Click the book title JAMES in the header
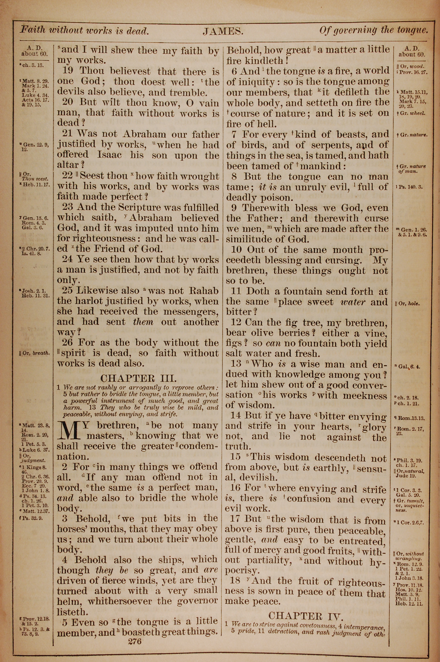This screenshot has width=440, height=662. click(x=223, y=31)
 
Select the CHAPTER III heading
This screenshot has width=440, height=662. click(x=139, y=378)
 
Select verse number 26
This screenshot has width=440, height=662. click(x=68, y=343)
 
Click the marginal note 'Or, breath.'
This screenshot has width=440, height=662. click(x=35, y=353)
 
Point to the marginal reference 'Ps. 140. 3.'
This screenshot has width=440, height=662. click(x=409, y=187)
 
